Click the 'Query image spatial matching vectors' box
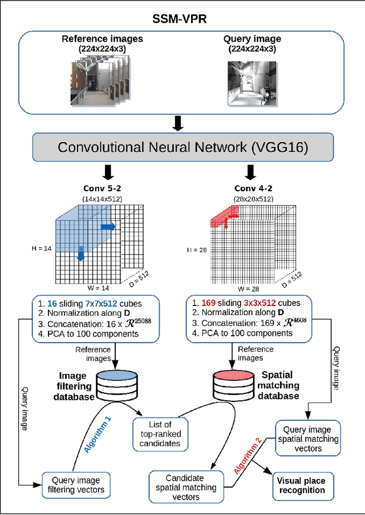308,439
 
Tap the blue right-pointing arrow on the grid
107,227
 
